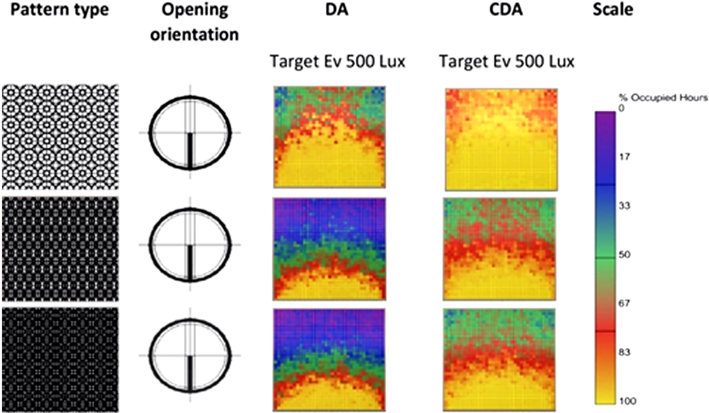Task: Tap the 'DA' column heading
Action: pos(338,10)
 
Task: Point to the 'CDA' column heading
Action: pos(506,10)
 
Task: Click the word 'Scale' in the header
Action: pos(613,10)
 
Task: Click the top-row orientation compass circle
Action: pos(190,132)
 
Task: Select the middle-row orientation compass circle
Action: pos(190,245)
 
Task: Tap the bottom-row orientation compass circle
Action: pos(190,355)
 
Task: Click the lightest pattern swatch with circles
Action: pos(60,136)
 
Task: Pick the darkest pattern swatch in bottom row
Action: pos(60,359)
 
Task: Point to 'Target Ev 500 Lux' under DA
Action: pos(338,62)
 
